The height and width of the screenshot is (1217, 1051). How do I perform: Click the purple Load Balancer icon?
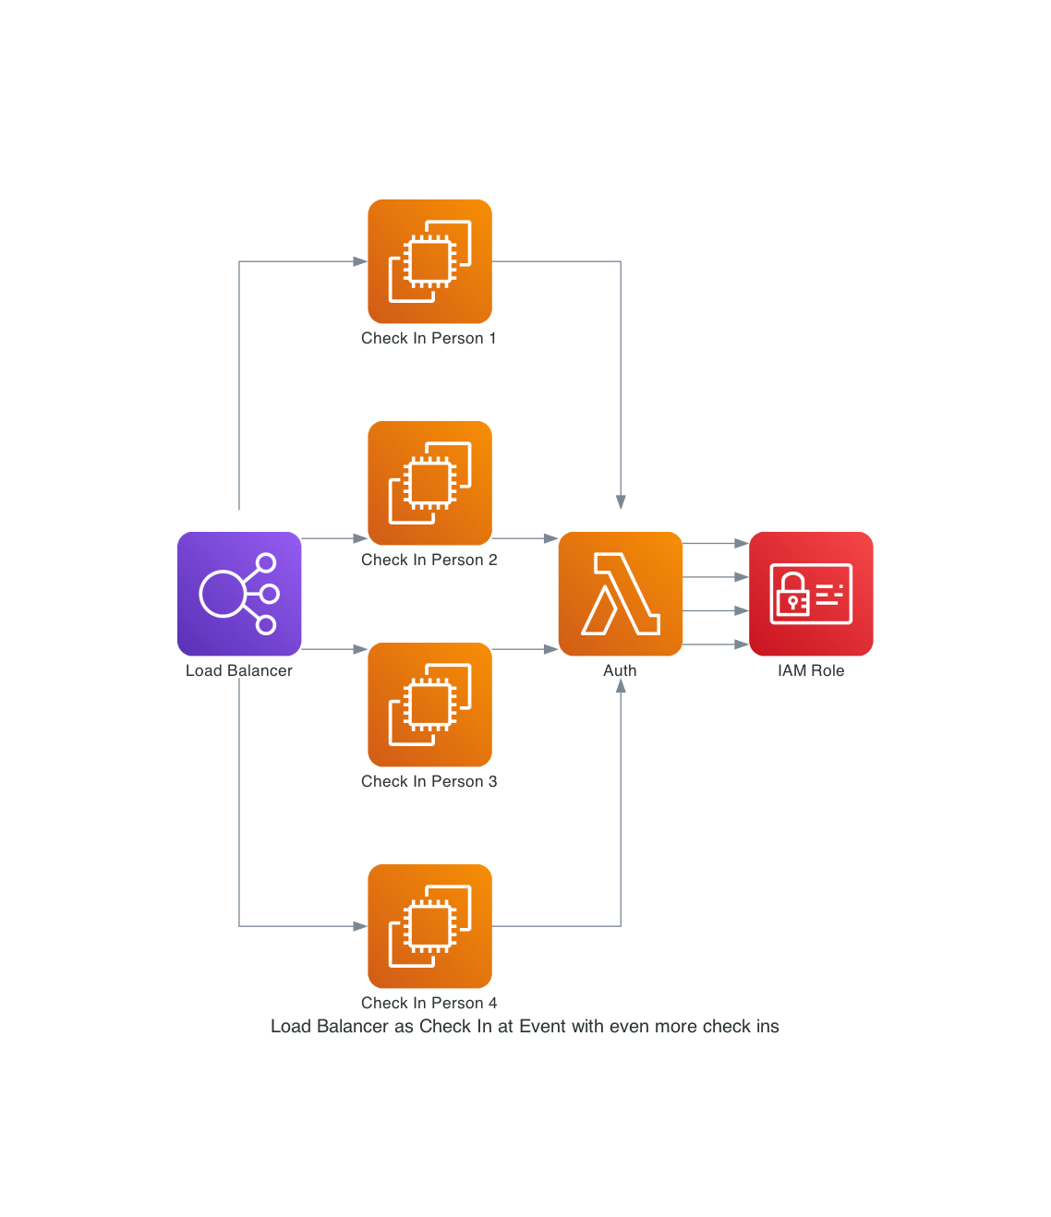(x=239, y=594)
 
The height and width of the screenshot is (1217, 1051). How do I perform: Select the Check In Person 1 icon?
(x=429, y=261)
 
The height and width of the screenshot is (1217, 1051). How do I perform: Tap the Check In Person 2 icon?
(x=429, y=483)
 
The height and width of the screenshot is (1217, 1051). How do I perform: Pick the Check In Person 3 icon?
(x=429, y=705)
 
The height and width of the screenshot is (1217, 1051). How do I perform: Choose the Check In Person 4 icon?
(x=429, y=926)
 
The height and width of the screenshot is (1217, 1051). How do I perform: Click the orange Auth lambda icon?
(x=621, y=594)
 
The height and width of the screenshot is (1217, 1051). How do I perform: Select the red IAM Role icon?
(x=811, y=594)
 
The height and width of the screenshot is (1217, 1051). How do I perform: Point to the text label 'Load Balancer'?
(x=239, y=671)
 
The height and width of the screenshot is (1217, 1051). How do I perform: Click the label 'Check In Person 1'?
(x=429, y=339)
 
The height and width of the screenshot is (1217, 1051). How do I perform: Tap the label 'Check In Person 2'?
(x=429, y=560)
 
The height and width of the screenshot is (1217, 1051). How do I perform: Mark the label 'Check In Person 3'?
(x=429, y=782)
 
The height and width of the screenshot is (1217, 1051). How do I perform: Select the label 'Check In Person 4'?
(x=429, y=1004)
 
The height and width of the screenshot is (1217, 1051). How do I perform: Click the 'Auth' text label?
(x=620, y=671)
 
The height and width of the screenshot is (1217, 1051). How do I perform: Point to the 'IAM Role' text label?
(x=811, y=671)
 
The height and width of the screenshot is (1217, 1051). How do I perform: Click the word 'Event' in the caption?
(x=542, y=1027)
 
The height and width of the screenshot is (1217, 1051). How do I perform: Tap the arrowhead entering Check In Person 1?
(x=360, y=261)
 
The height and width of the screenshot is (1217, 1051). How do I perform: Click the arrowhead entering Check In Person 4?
(x=360, y=926)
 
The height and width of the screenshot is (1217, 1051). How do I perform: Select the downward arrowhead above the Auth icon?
(x=621, y=501)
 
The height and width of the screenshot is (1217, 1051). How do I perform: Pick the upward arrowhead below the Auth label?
(x=621, y=687)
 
